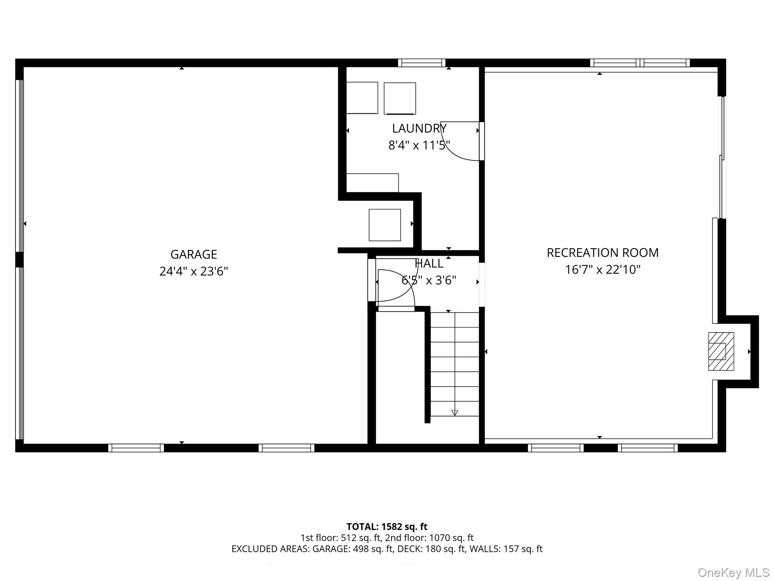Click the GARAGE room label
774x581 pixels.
(193, 254)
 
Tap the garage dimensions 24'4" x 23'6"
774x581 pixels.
(193, 271)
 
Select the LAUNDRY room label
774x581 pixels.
(419, 129)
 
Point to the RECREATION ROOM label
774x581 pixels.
(602, 253)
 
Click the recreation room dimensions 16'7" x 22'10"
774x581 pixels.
(602, 270)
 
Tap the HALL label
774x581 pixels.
(429, 263)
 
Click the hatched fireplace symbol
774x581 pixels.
(721, 351)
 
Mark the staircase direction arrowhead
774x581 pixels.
(455, 413)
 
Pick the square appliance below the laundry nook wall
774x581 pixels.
(385, 225)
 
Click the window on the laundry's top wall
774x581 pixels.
(421, 63)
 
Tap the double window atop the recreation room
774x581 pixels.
(640, 63)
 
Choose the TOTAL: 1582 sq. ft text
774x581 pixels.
(387, 527)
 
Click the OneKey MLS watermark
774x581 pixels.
(734, 572)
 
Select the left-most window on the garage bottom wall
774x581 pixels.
(136, 448)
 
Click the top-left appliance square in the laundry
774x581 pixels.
(362, 98)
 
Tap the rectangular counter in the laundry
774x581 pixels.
(372, 183)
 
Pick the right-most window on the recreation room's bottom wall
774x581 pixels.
(648, 448)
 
